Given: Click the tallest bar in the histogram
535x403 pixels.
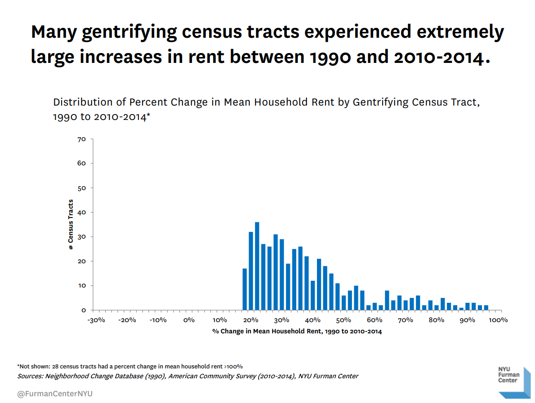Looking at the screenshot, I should click(x=257, y=266).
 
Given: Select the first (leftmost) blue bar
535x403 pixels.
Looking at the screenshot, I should click(x=245, y=289).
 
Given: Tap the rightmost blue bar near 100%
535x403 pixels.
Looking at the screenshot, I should click(x=486, y=307).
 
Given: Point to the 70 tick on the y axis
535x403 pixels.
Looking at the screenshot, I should click(x=81, y=139).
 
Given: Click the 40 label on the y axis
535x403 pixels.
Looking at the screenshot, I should click(x=81, y=213).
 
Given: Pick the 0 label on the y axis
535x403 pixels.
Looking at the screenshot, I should click(x=83, y=310).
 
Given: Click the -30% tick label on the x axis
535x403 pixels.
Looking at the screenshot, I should click(x=96, y=320).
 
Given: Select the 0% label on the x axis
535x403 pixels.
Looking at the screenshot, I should click(x=189, y=320).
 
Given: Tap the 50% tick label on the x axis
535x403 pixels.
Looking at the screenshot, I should click(x=343, y=320).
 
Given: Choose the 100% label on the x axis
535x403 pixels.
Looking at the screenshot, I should click(x=498, y=320).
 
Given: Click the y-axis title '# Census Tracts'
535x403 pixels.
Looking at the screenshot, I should click(x=71, y=225).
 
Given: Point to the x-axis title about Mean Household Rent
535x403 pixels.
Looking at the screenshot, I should click(x=297, y=332).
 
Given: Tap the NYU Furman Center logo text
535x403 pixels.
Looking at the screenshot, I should click(x=508, y=375).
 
